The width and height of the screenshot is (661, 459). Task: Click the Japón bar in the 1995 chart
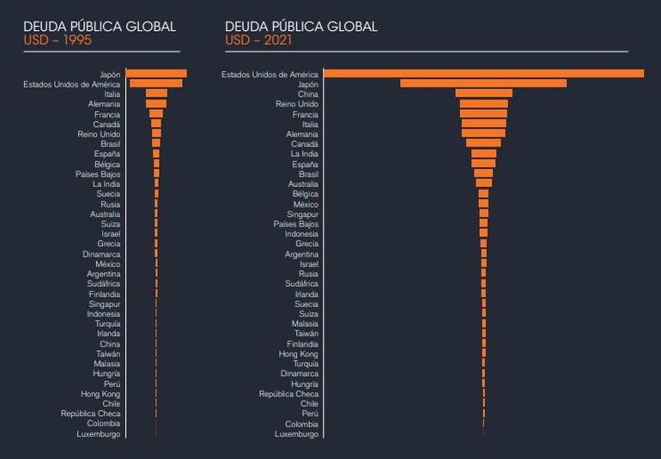156,74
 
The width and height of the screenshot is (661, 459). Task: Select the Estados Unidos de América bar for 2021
483,74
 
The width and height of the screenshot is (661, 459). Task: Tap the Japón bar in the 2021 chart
483,83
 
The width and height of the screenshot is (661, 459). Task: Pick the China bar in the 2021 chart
483,94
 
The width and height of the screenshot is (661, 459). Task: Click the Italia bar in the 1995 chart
156,94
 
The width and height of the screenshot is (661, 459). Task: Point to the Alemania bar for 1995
156,104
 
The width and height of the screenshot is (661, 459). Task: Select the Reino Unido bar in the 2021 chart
483,104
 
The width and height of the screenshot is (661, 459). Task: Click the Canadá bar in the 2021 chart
483,143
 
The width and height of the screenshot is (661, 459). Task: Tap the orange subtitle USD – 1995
57,40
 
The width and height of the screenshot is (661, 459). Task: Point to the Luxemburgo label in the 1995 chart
98,434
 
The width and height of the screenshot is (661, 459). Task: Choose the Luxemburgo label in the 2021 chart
296,434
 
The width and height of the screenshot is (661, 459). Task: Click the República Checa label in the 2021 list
288,394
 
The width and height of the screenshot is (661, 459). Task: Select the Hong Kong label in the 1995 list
100,394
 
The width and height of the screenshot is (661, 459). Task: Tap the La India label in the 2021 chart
304,154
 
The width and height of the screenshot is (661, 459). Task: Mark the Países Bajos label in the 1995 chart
98,173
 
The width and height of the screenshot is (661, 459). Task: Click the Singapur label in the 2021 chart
300,214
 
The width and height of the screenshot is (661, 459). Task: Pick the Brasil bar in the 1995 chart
156,143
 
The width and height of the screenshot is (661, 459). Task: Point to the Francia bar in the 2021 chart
483,113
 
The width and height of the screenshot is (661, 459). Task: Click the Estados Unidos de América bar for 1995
156,83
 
